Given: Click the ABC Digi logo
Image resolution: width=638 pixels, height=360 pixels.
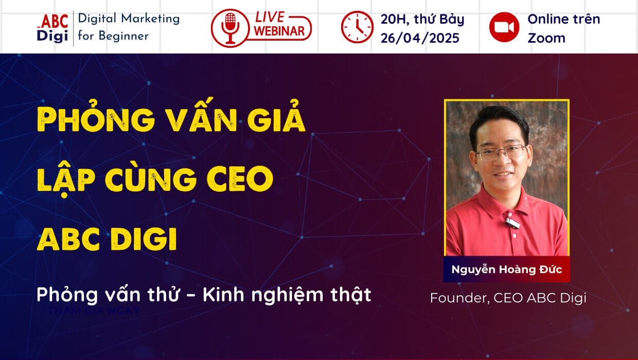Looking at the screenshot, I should coord(52,28).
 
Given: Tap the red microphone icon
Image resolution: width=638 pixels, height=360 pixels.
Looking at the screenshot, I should coord(229,28).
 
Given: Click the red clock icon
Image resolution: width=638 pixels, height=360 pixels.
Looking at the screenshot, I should coord(357,27).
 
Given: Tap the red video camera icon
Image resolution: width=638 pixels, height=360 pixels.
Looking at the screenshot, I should coord(504,27).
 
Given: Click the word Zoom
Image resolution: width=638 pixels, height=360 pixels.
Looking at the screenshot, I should coord(546,38).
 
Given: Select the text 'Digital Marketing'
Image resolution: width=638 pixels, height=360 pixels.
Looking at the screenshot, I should coord(129,19).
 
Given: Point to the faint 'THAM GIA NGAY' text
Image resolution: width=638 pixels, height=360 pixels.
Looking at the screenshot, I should coord(93,311).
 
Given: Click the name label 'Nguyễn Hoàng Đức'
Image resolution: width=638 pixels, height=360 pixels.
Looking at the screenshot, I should coord(506,269).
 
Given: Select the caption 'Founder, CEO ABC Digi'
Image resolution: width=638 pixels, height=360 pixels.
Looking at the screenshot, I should coord(508,298).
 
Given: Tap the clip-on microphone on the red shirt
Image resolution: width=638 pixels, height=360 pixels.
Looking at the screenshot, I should coord(512,222).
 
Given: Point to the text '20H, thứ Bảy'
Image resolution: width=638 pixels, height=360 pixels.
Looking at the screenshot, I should coord(422,20).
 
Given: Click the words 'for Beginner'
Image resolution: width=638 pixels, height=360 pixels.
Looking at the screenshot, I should coord(113,36).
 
